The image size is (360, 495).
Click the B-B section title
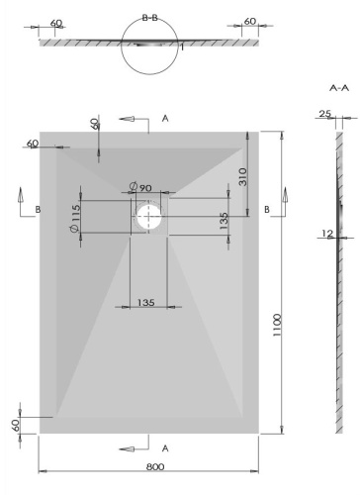click(150, 17)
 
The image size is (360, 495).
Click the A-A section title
click(338, 88)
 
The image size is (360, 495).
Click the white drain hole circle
click(149, 217)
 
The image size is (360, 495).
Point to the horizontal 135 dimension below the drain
click(145, 302)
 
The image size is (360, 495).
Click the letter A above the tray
click(165, 119)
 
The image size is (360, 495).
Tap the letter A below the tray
click(165, 448)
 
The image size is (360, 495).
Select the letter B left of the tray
click(38, 210)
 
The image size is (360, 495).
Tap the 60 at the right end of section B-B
click(249, 21)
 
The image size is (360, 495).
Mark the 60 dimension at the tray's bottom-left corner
click(17, 424)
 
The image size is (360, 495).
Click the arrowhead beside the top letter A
click(127, 119)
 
